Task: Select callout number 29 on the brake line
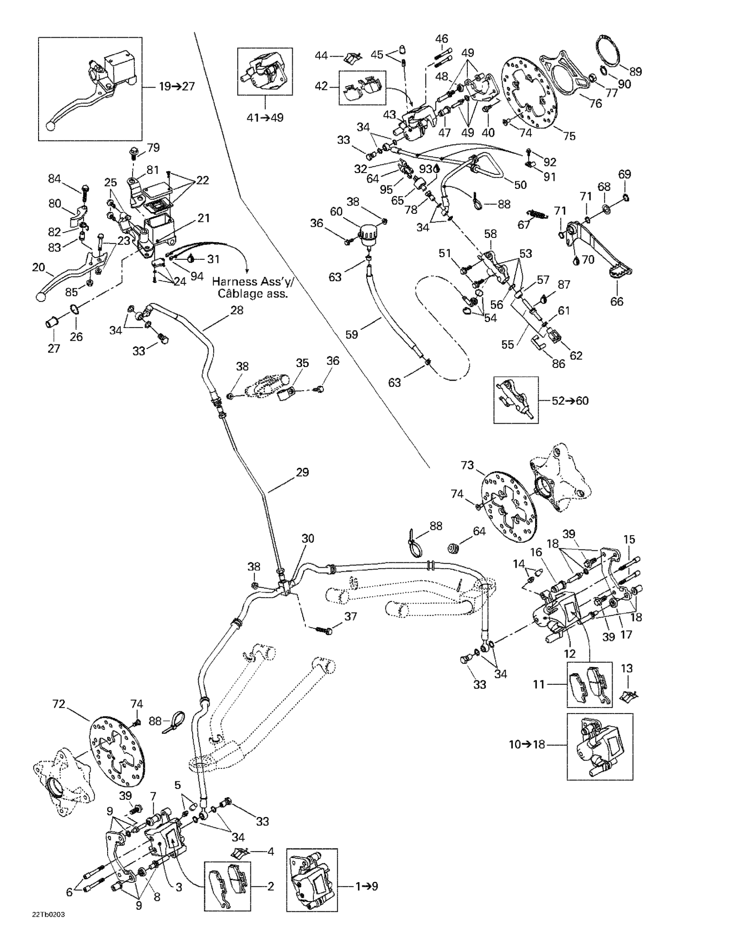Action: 302,472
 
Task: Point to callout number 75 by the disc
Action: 569,136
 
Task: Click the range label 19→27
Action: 176,86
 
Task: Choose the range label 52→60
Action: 570,401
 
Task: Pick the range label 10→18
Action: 527,745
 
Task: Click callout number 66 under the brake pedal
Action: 616,301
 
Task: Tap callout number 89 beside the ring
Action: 635,72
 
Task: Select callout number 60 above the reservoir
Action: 336,212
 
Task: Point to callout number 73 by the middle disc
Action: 467,466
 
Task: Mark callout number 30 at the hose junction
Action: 307,539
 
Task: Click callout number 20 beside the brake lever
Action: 39,267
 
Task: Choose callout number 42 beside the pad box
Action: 321,86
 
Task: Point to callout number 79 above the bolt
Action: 154,147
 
